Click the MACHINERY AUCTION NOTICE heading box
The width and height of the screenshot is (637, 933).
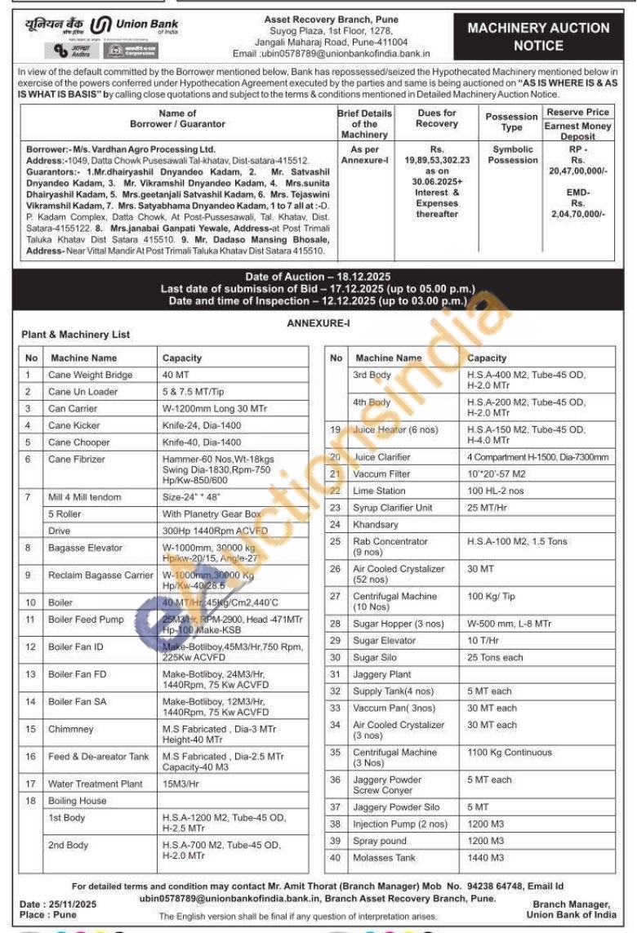click(x=538, y=35)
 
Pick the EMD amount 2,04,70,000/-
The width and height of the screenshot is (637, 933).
click(x=578, y=213)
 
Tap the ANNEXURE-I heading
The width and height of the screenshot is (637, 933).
click(x=318, y=324)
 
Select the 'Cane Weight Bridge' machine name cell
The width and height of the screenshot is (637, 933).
click(x=90, y=375)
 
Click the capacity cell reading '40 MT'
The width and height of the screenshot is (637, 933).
click(x=176, y=375)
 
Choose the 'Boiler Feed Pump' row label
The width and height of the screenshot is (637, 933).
click(x=86, y=620)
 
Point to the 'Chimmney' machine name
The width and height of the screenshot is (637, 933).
click(x=71, y=729)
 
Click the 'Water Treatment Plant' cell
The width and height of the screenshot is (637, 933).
click(x=95, y=784)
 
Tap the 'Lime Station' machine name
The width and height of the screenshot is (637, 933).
click(x=379, y=491)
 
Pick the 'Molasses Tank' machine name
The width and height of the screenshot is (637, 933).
click(x=384, y=858)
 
